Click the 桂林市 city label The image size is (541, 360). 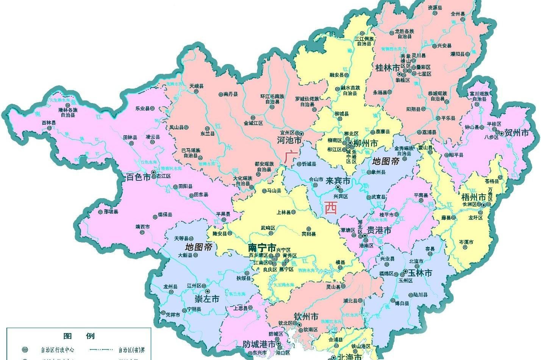pos(388,68)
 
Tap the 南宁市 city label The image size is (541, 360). pos(262,248)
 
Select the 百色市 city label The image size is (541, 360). pos(138,177)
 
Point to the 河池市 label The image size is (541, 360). pos(289,141)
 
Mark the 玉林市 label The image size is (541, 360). pos(420,273)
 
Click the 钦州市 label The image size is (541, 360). pos(306,316)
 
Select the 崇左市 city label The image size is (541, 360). pos(207,299)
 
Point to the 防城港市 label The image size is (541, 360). pos(259,344)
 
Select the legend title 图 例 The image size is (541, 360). pos(79,336)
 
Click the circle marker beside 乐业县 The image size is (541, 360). pos(152,108)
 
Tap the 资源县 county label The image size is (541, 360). pos(435,7)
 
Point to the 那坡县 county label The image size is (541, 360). pos(111,212)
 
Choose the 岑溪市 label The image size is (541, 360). pos(466,241)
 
